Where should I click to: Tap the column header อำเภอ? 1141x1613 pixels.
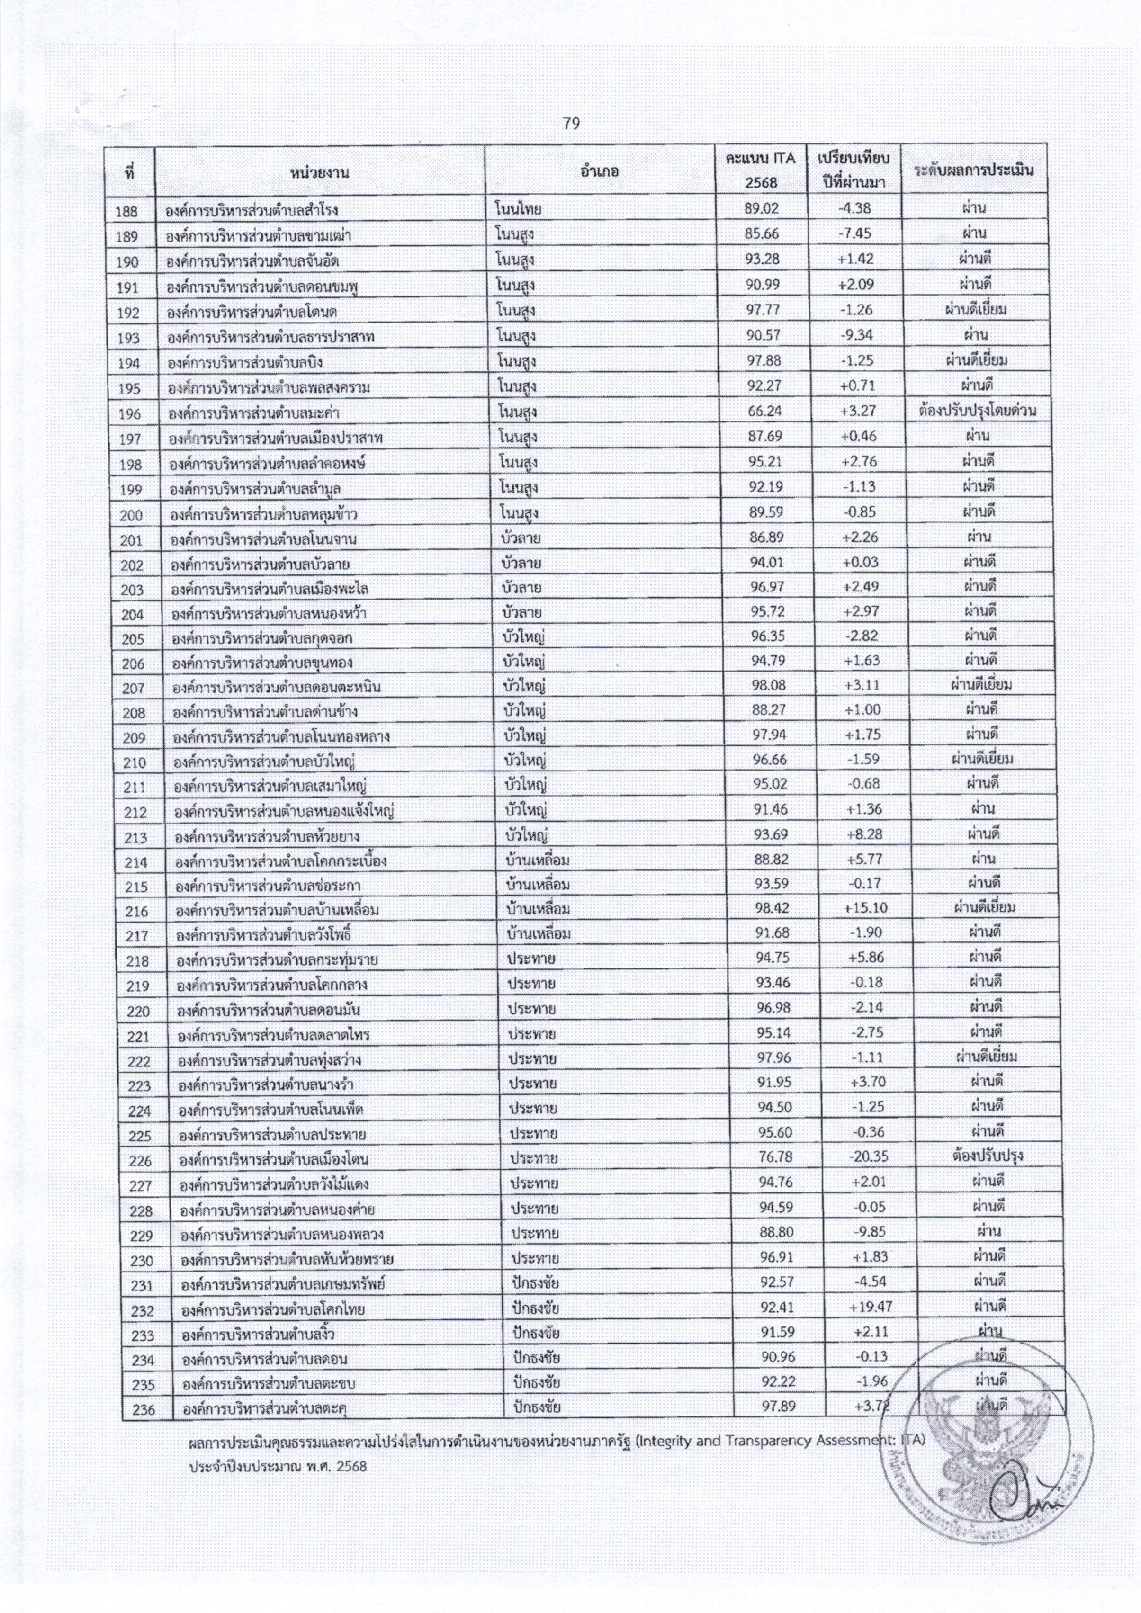click(599, 170)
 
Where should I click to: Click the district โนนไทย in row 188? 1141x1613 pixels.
click(518, 209)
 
